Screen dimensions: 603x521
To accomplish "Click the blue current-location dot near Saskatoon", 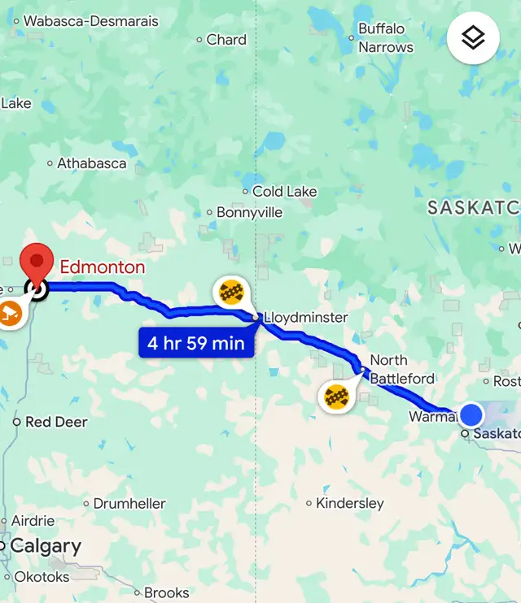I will click(x=471, y=414).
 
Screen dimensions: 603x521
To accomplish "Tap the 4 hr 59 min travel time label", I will click(x=196, y=343).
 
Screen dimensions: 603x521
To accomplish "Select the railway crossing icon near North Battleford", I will click(x=336, y=397).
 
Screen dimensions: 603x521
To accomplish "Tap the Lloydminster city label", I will click(x=306, y=317).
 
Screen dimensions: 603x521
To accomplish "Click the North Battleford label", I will click(x=401, y=369).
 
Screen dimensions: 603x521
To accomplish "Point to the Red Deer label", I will click(x=56, y=422).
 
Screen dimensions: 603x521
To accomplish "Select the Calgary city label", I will click(x=46, y=546).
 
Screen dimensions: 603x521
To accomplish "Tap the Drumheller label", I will click(x=129, y=504).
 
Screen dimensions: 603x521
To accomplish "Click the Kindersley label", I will click(x=349, y=503).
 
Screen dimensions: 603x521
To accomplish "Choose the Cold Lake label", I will click(x=284, y=192).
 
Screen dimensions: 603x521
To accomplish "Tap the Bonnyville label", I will click(x=249, y=213).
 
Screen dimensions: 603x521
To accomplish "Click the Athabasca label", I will click(x=91, y=163).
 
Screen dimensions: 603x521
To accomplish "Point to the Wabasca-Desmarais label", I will click(x=90, y=20).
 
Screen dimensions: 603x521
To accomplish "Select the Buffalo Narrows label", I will click(x=386, y=38).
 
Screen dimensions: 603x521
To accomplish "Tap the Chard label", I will click(x=226, y=40).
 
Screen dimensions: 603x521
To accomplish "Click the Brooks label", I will click(x=166, y=592).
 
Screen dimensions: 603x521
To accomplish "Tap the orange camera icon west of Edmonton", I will click(x=10, y=314).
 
